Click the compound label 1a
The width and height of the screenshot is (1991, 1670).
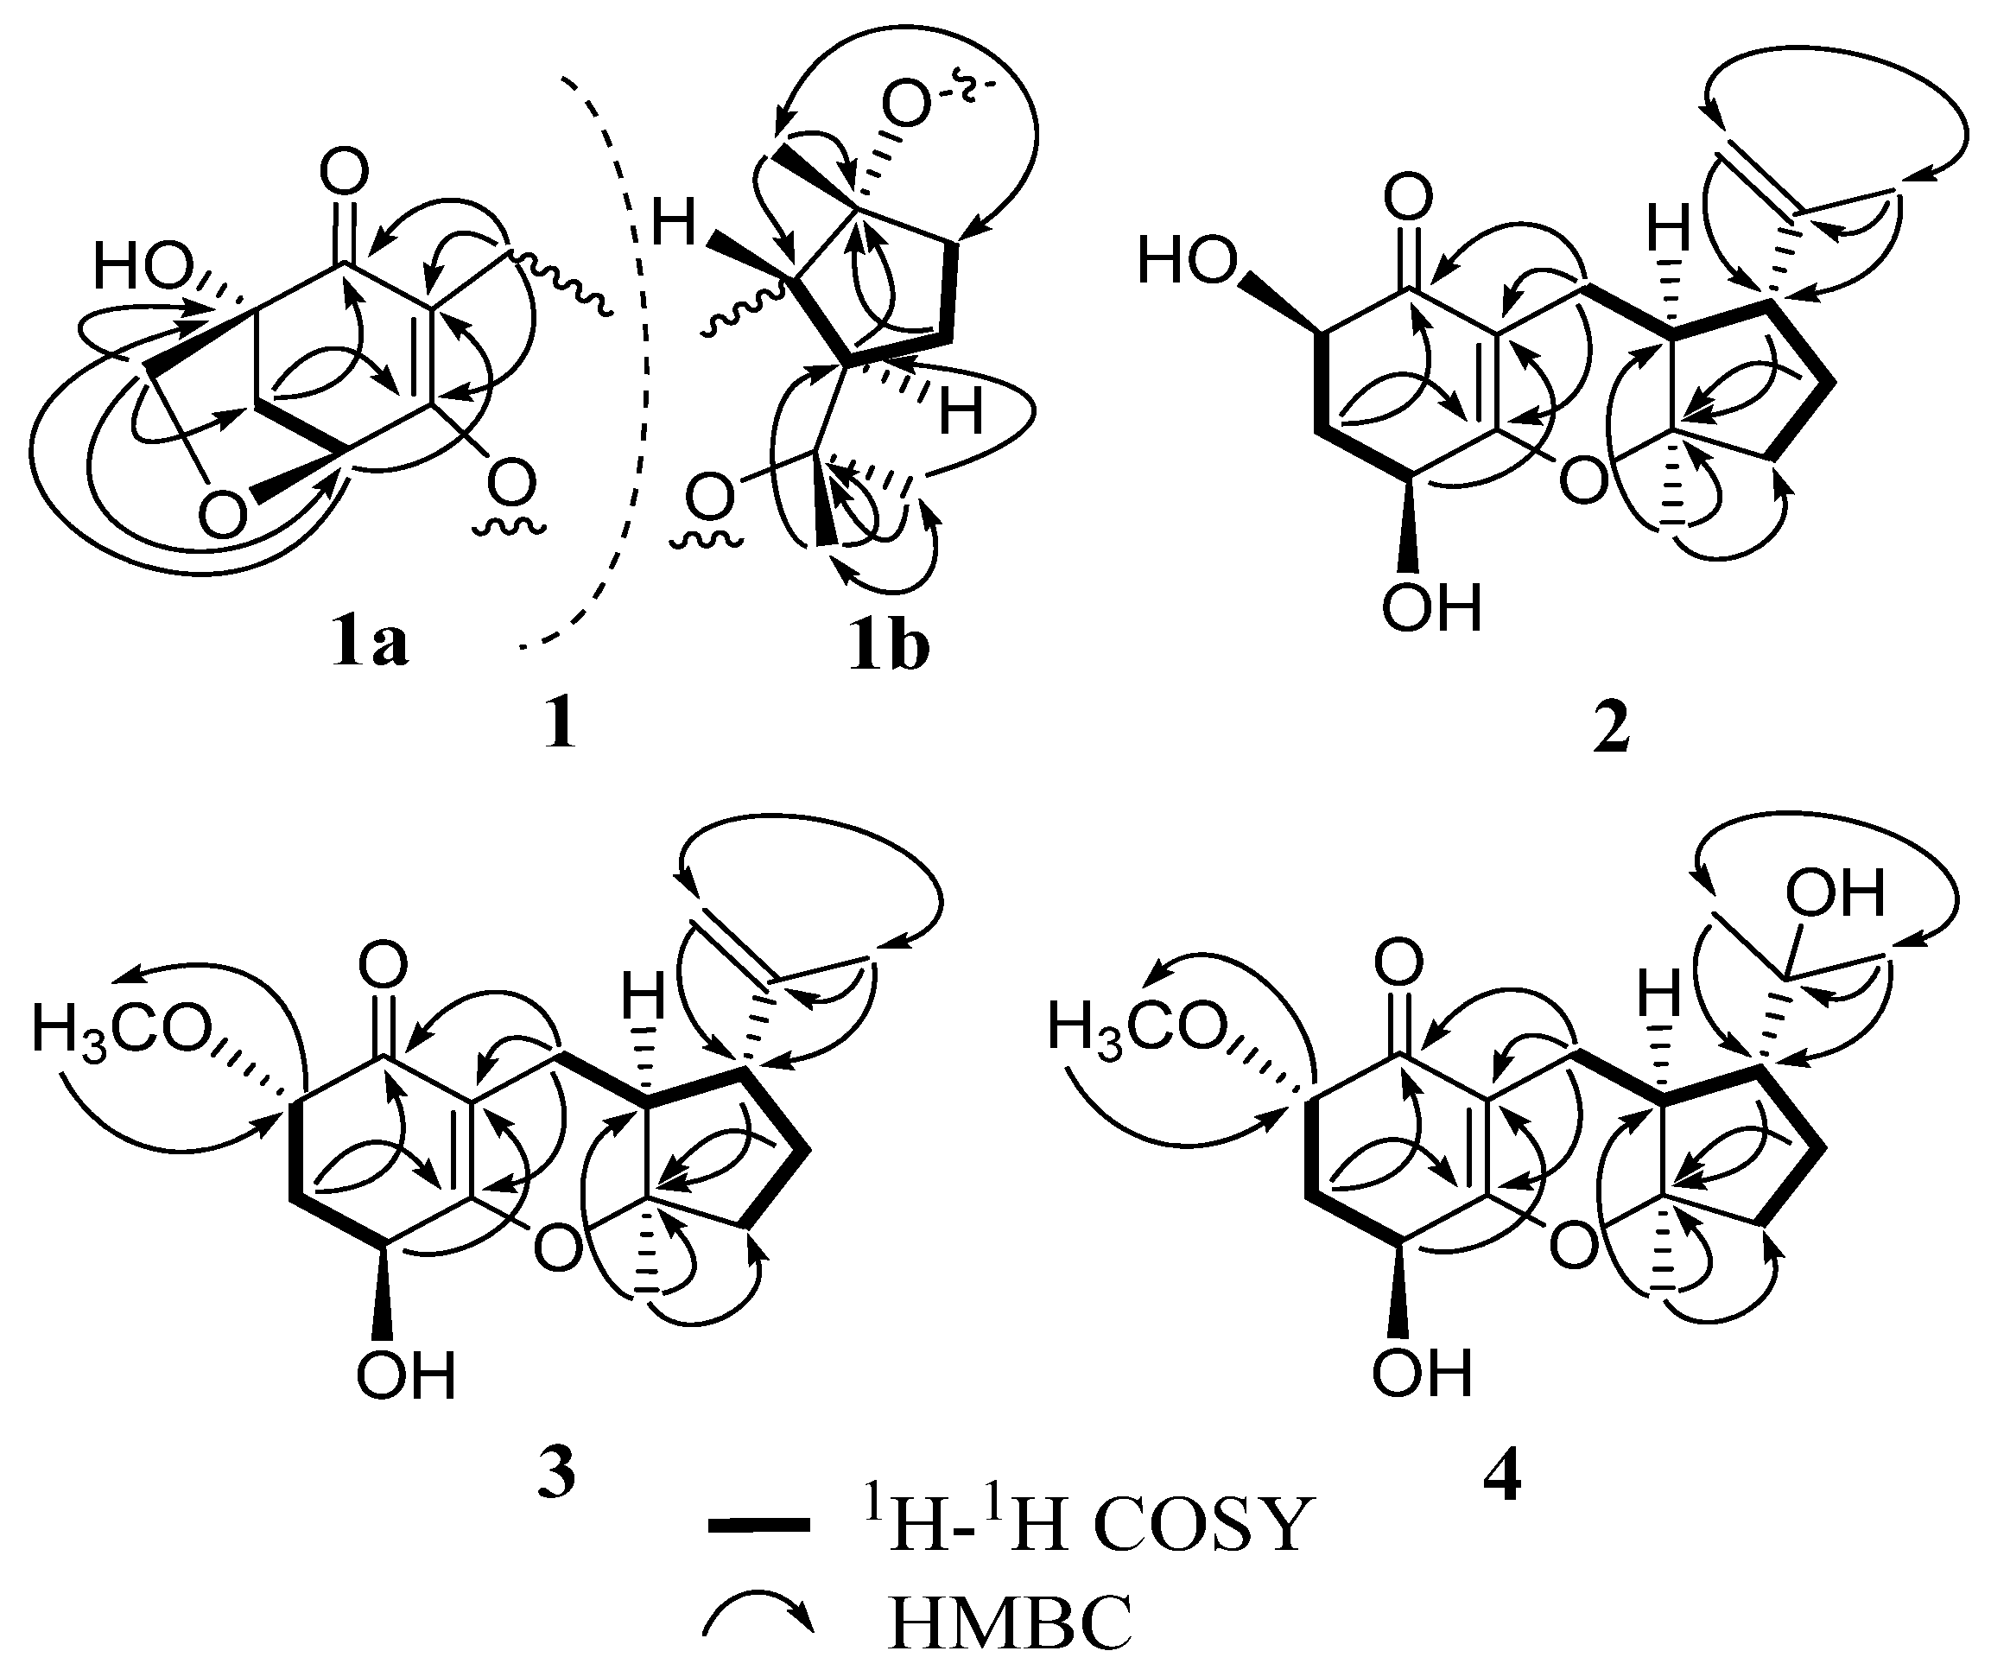pos(371,644)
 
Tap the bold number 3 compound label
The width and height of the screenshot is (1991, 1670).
pos(557,1474)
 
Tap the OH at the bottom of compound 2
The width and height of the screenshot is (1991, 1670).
pos(1430,607)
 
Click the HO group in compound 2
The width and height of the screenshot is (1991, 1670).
pos(1187,260)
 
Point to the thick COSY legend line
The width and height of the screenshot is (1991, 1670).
pos(758,1526)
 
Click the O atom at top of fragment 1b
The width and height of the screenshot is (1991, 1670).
pos(904,105)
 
